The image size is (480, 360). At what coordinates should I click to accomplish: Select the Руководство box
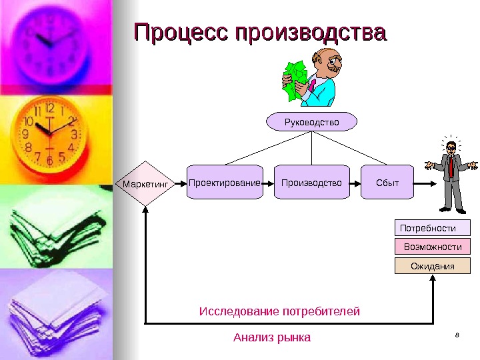312,122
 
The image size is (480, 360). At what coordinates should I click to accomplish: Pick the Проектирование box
224,182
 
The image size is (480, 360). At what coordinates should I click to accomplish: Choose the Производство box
311,182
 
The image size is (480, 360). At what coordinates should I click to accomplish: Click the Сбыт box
387,182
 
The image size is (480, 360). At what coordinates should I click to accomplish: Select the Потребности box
433,228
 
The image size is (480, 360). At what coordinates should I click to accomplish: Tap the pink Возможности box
433,247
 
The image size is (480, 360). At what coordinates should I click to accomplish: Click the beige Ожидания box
433,266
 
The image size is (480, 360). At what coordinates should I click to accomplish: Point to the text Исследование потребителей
280,311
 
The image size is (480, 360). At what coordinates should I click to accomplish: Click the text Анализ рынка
272,337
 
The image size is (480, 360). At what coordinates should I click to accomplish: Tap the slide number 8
457,335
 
